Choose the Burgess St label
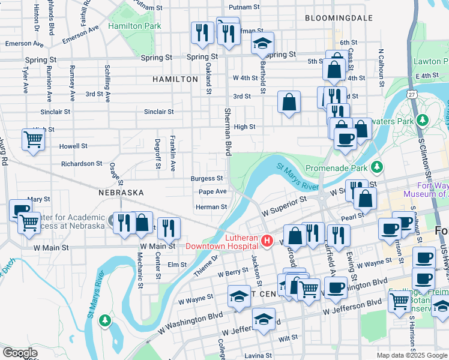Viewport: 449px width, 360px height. pyautogui.click(x=207, y=178)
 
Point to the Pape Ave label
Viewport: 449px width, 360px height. pyautogui.click(x=212, y=191)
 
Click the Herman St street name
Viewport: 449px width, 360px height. pyautogui.click(x=211, y=207)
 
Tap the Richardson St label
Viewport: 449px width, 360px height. pyautogui.click(x=82, y=163)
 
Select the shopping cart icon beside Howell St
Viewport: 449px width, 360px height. pyautogui.click(x=34, y=140)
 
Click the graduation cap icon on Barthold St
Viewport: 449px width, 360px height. pyautogui.click(x=262, y=44)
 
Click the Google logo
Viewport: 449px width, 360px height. pyautogui.click(x=20, y=353)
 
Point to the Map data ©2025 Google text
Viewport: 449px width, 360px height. pyautogui.click(x=411, y=355)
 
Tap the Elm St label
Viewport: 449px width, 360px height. pyautogui.click(x=177, y=264)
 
